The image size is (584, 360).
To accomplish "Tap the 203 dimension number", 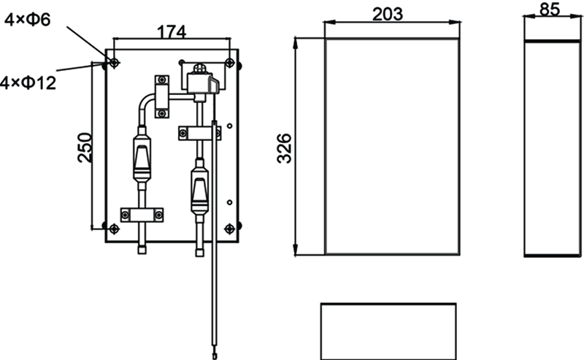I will click(x=391, y=12).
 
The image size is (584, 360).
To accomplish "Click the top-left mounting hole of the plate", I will click(x=113, y=63).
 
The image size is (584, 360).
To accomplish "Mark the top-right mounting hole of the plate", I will click(x=231, y=63).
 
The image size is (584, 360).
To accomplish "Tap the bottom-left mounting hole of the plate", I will click(x=113, y=229).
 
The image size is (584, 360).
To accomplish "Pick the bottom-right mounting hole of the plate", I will click(x=231, y=229).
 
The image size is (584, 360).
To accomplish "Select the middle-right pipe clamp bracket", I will click(x=199, y=132).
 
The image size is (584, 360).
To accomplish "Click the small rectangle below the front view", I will click(x=388, y=330).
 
